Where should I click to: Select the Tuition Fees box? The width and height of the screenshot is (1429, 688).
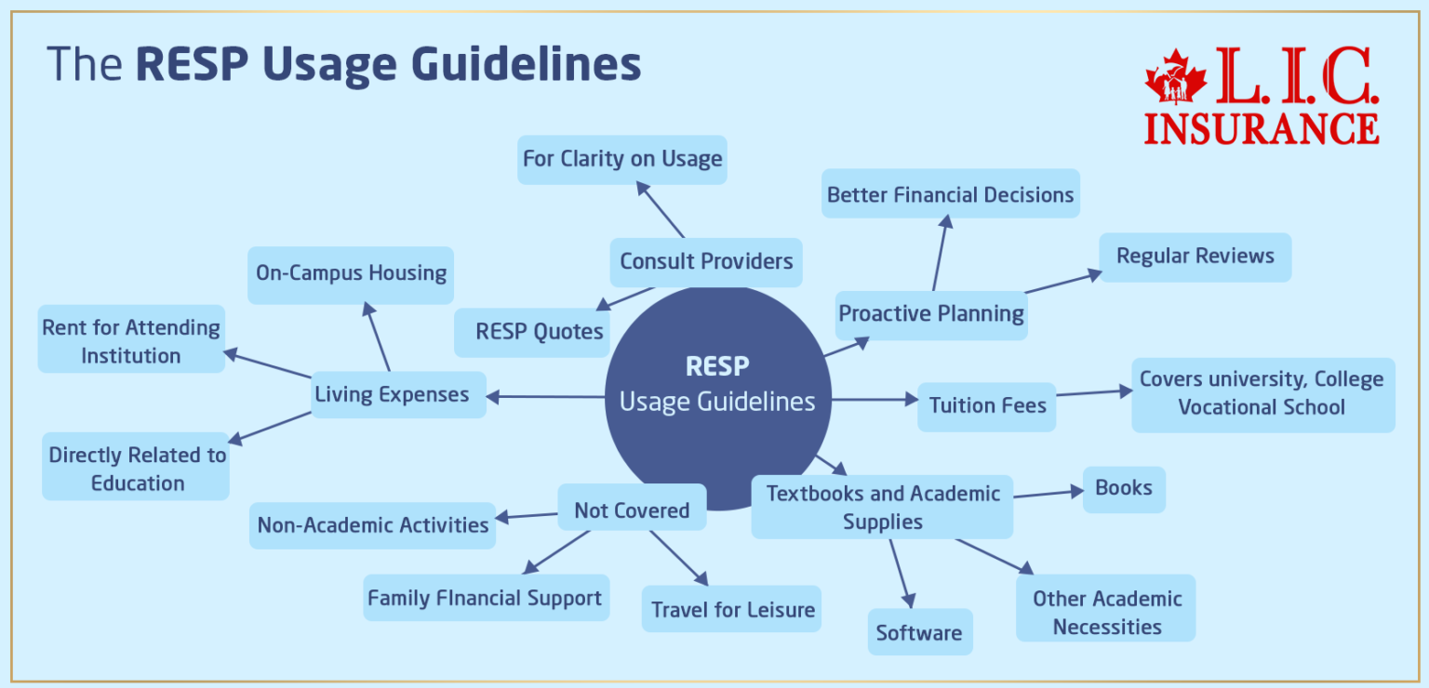(986, 406)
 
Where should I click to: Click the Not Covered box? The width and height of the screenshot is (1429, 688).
(632, 509)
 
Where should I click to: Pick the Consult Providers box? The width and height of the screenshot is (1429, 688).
(706, 261)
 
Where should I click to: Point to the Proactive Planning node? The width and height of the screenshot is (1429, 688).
(931, 313)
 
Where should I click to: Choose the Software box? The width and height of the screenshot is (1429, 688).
(919, 632)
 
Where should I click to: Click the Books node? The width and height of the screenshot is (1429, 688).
(1124, 488)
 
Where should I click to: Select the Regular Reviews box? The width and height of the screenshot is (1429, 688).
(1195, 256)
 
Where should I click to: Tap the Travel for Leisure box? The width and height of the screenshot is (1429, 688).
(732, 610)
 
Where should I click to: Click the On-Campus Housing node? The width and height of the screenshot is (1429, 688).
(351, 273)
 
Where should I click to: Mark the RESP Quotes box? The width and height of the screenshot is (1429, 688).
(539, 332)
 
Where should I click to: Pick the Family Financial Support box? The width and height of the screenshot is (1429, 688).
(485, 598)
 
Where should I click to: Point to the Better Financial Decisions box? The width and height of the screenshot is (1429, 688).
(950, 194)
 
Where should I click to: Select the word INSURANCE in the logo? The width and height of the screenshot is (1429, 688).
(1262, 128)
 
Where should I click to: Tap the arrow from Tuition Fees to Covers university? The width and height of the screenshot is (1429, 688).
(1093, 393)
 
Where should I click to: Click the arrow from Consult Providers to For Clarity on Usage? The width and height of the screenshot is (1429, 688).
(661, 209)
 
